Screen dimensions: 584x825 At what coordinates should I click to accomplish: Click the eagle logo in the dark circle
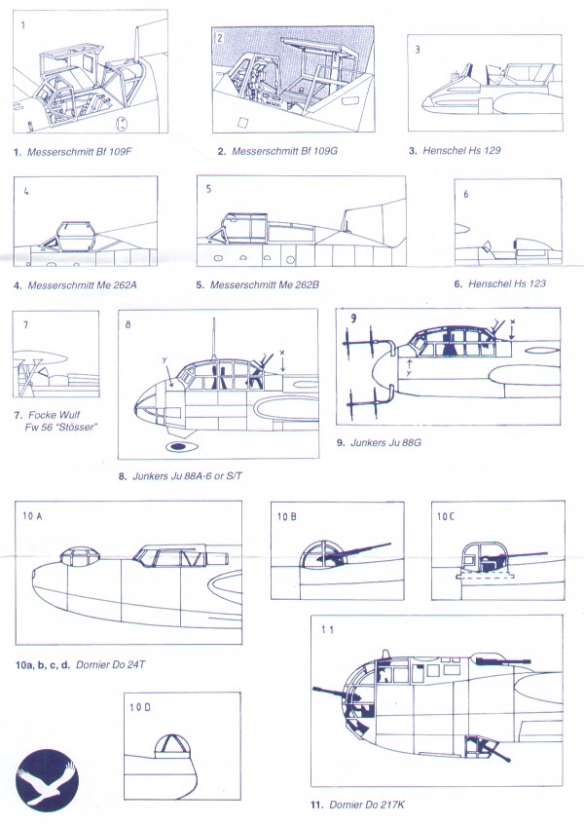tap(47, 780)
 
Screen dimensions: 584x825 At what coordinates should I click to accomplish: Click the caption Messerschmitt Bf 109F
tap(80, 152)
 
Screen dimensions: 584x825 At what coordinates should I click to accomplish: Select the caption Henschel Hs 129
tap(461, 150)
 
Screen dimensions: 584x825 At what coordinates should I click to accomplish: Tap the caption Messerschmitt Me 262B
tap(265, 285)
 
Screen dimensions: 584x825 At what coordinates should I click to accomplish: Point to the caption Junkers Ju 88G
tap(385, 442)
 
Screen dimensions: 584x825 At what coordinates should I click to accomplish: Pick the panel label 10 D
tap(140, 707)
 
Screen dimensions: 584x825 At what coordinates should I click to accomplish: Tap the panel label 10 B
tap(287, 516)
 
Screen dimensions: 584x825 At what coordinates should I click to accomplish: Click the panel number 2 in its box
tap(220, 38)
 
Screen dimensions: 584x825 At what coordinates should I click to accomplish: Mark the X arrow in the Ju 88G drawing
tap(513, 329)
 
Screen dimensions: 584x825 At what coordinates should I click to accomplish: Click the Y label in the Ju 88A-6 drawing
tap(164, 359)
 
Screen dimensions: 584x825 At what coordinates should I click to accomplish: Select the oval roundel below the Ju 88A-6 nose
tap(181, 447)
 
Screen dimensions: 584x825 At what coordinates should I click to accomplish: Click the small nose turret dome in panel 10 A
tap(80, 557)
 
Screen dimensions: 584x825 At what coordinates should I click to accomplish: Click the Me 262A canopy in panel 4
tap(75, 237)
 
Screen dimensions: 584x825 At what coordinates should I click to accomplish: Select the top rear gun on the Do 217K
tap(502, 659)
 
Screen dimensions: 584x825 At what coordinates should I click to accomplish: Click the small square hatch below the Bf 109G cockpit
tap(242, 123)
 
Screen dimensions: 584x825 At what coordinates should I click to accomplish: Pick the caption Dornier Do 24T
tap(111, 664)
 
